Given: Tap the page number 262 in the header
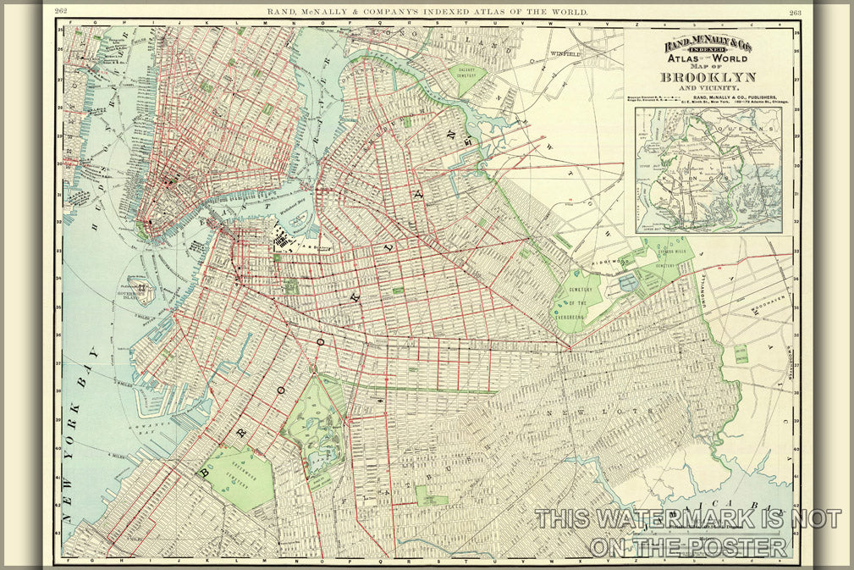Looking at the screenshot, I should (x=61, y=12).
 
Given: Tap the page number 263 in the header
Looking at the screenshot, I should (x=795, y=12).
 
